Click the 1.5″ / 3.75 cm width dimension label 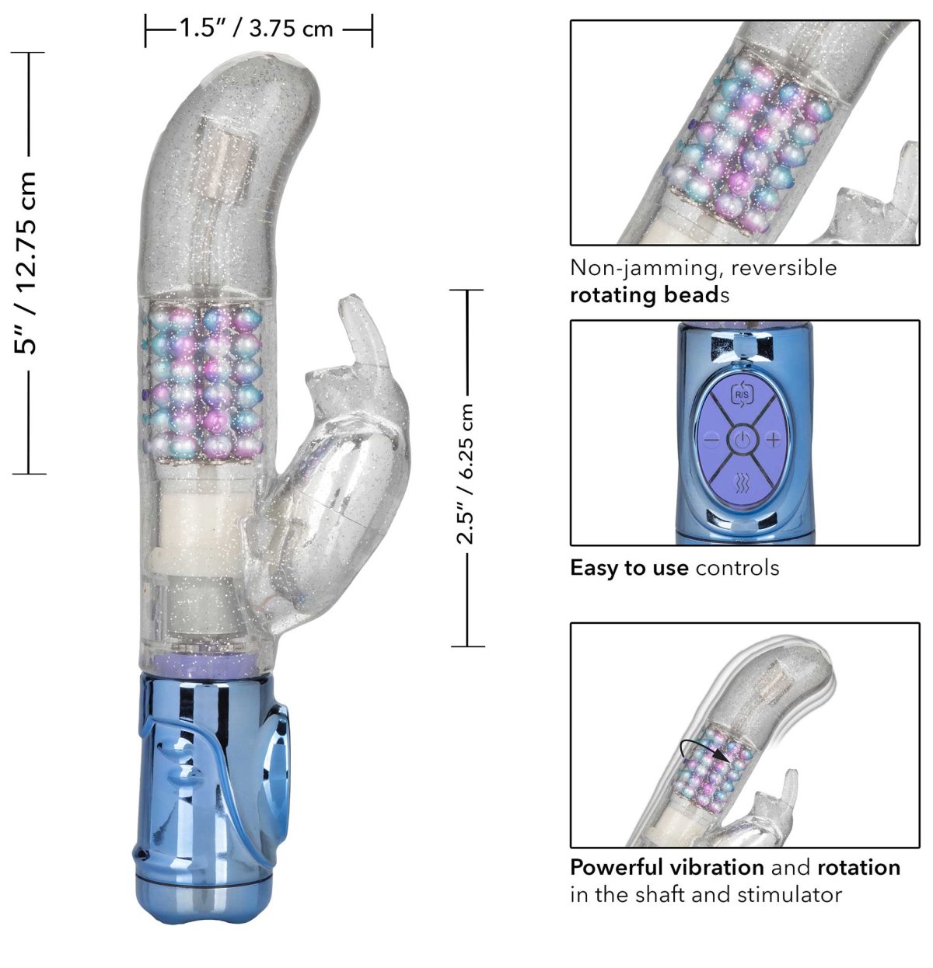tap(256, 28)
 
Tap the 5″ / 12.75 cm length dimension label tap(25, 263)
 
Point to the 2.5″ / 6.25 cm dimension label tap(464, 473)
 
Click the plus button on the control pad tap(773, 440)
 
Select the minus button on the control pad tap(712, 440)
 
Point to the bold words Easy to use tap(629, 568)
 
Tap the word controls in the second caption tap(737, 568)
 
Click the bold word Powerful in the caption tap(617, 867)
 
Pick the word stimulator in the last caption tap(790, 894)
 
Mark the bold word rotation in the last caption tap(859, 868)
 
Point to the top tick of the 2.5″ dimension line tap(466, 290)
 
